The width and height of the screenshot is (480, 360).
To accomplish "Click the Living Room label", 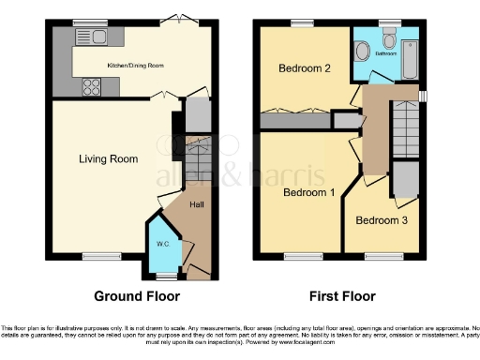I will [109, 159].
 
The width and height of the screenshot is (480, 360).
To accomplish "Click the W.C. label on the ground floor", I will [161, 246].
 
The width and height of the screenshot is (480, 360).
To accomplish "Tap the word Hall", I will [197, 204].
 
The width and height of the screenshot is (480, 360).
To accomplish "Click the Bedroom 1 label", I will [308, 192].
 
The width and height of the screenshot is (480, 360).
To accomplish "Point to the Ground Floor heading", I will [136, 296].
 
